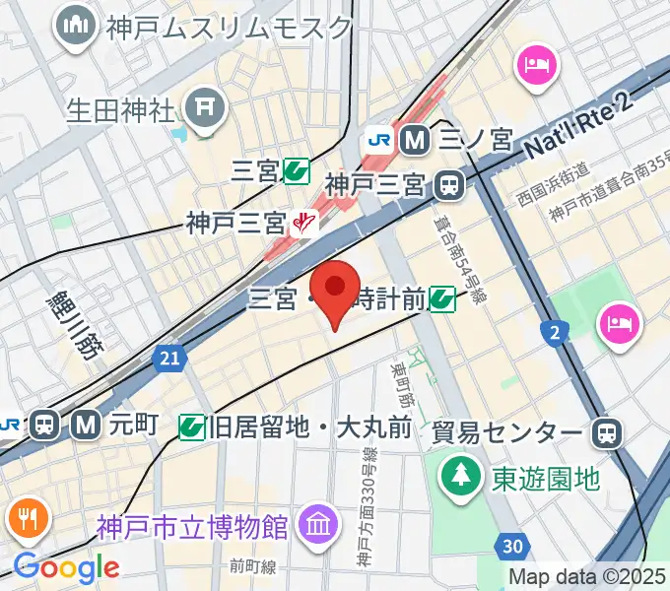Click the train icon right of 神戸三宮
[x=450, y=184]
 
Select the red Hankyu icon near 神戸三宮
[x=306, y=225]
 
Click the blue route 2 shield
[x=556, y=336]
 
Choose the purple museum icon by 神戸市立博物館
[x=318, y=523]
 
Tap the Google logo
[x=66, y=566]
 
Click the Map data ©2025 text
[x=586, y=577]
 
